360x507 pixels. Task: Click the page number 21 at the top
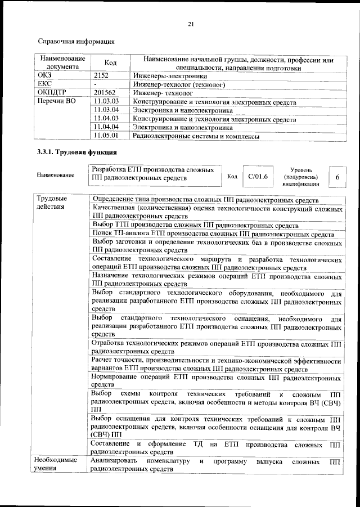pos(190,24)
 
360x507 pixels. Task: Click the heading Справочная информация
pos(76,41)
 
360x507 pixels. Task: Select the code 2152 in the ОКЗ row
pos(101,75)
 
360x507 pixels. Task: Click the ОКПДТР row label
pos(52,92)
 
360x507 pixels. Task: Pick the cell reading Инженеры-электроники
pos(169,75)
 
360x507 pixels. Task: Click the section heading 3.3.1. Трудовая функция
pos(76,152)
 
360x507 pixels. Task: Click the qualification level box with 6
pos(337,177)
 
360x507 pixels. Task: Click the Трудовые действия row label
pos(52,203)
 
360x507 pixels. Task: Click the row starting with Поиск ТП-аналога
pos(214,234)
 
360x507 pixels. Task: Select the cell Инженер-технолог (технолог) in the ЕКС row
pos(179,84)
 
